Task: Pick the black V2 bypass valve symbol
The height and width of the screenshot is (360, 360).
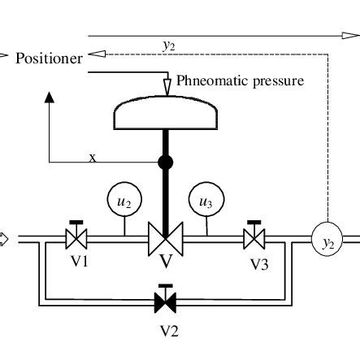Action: click(166, 303)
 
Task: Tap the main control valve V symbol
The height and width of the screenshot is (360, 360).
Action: click(166, 241)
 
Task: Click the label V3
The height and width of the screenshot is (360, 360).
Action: click(258, 264)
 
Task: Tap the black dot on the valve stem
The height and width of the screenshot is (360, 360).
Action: click(166, 163)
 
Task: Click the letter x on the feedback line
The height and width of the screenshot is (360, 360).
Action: click(92, 158)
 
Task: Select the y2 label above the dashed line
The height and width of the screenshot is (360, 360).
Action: click(168, 46)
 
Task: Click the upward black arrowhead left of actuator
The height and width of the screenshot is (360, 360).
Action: click(49, 98)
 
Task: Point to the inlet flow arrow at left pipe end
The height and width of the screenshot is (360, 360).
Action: click(3, 239)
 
